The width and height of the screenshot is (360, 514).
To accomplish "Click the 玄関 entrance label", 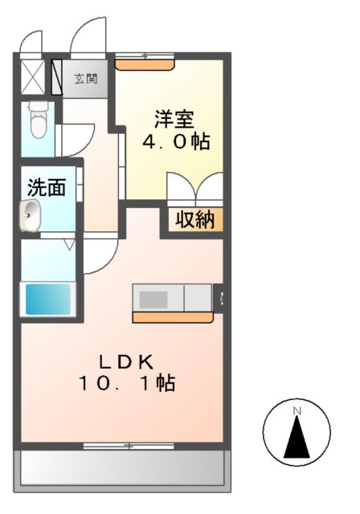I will (x=86, y=79).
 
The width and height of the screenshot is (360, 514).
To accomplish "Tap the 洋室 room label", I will (x=174, y=117).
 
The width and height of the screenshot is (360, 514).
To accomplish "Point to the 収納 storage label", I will (x=195, y=219).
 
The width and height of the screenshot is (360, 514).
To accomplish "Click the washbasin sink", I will (x=31, y=214).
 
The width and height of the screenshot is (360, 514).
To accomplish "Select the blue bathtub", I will (x=49, y=299).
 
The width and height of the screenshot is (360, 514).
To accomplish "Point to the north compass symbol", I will (x=297, y=434).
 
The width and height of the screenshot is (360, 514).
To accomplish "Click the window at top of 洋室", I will (x=145, y=57).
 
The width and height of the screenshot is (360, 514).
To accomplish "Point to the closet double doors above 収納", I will (x=195, y=190).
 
